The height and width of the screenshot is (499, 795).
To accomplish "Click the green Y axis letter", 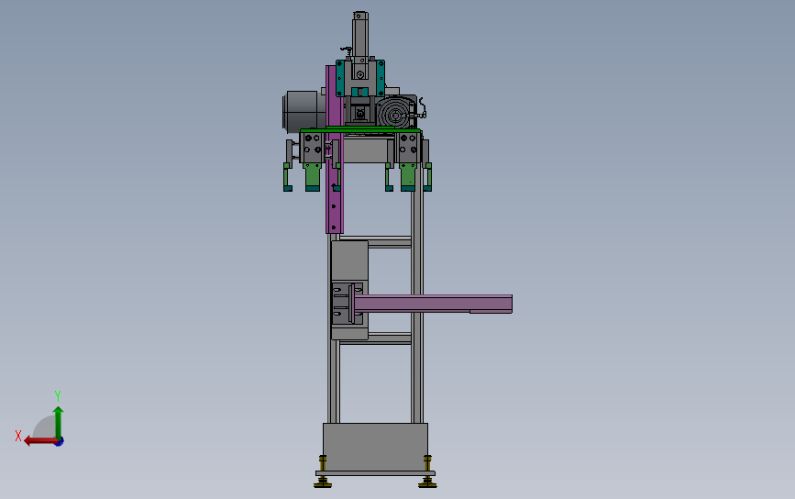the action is pyautogui.click(x=57, y=395).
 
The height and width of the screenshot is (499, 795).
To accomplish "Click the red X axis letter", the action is pyautogui.click(x=18, y=436).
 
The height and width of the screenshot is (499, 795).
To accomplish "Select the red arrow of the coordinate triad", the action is pyautogui.click(x=41, y=441).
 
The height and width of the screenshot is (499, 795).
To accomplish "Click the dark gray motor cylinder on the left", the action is pyautogui.click(x=304, y=112).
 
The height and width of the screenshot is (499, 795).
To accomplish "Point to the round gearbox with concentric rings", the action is pyautogui.click(x=394, y=113).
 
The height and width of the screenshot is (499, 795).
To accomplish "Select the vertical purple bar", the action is pyautogui.click(x=334, y=150).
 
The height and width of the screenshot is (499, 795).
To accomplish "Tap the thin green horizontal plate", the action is pyautogui.click(x=360, y=130).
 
